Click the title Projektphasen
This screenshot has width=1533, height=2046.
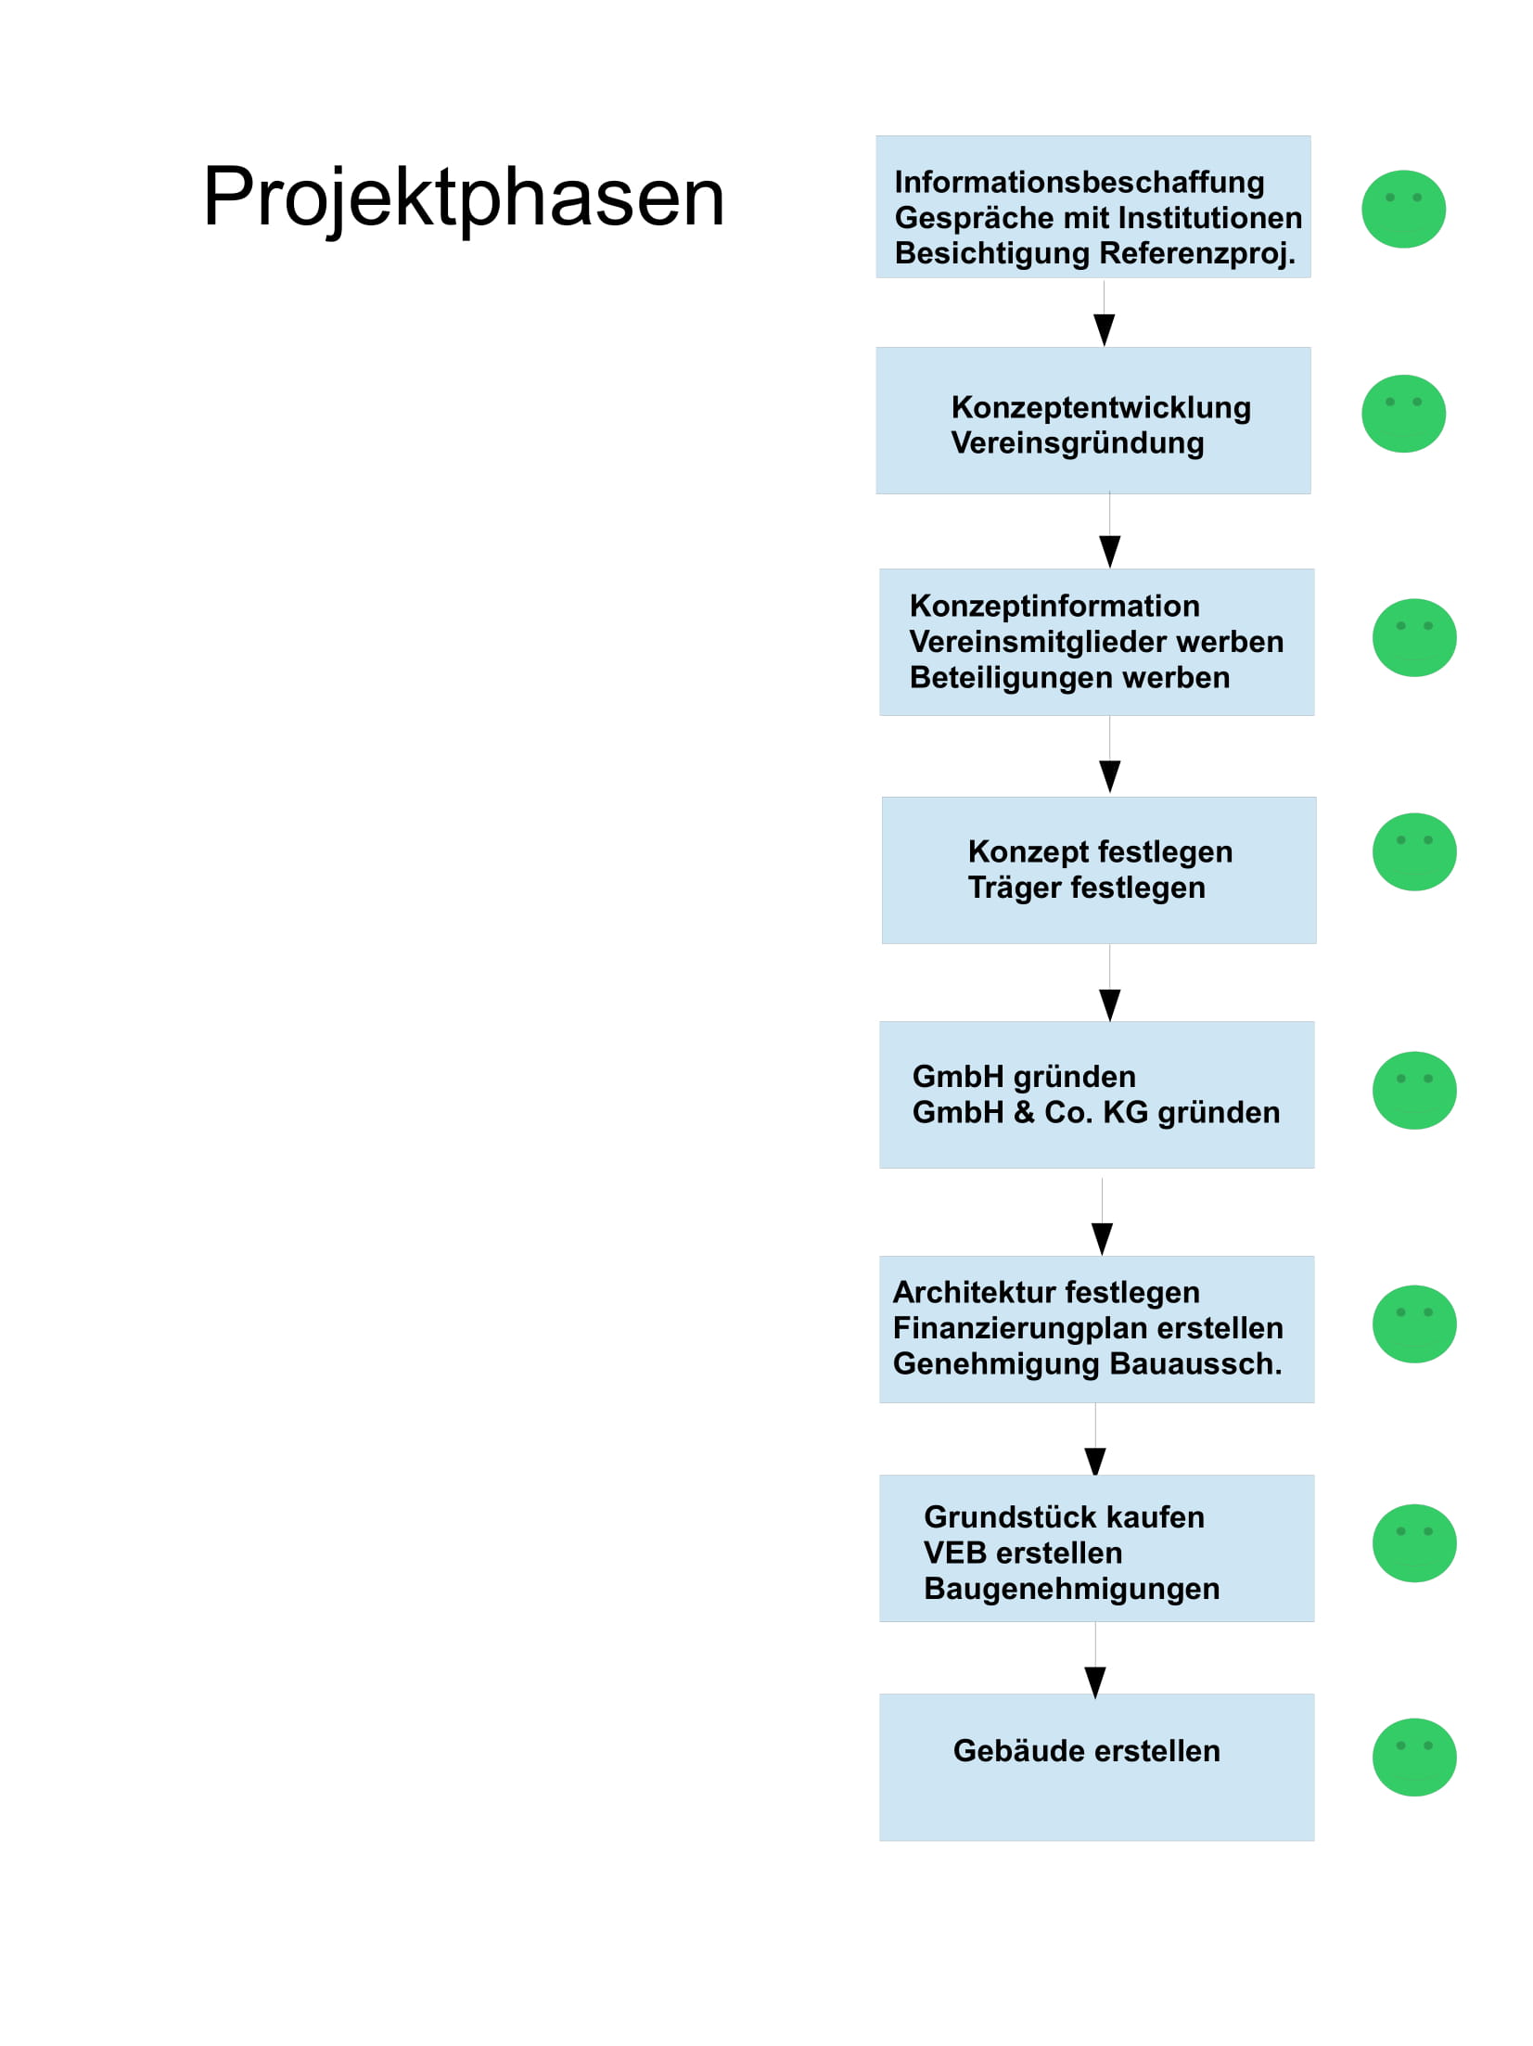pos(463,198)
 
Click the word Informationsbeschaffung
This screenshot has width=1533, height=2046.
pos(1079,183)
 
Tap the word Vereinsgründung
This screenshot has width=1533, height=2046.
pos(1077,443)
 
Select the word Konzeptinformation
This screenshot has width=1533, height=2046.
pos(1054,606)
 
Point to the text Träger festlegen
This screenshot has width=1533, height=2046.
pos(1086,888)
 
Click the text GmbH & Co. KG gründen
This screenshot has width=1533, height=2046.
pos(1095,1112)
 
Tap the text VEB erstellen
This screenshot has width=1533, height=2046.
pos(1022,1553)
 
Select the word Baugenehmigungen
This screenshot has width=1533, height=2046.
pos(1071,1589)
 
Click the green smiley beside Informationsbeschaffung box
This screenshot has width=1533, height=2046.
pos(1402,209)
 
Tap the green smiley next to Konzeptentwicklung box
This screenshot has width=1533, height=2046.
pos(1402,414)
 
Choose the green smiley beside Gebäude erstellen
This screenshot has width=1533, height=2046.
pos(1413,1757)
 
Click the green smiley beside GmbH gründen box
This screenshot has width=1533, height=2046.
pos(1413,1090)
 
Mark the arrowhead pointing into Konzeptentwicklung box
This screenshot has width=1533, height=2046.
pos(1104,330)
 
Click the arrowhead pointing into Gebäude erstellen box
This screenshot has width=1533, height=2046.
pos(1094,1682)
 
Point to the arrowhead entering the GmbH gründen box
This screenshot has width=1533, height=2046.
pos(1109,1005)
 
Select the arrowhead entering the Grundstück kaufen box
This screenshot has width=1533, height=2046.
pos(1094,1461)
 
